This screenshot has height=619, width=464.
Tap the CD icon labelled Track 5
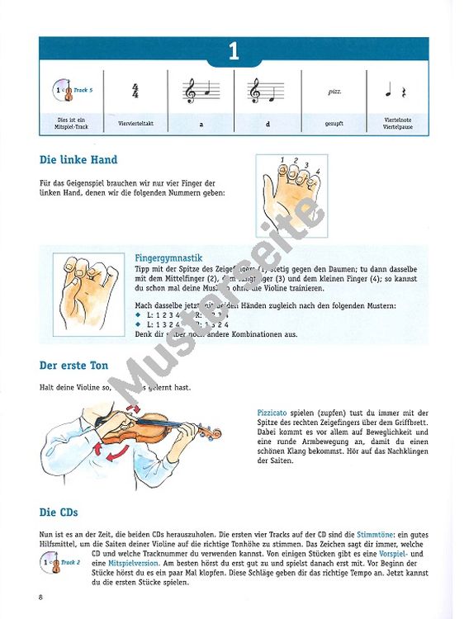coord(60,91)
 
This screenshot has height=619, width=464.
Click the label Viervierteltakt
coord(135,124)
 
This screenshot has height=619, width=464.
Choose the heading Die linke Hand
coord(78,159)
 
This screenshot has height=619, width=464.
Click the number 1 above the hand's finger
coord(282,160)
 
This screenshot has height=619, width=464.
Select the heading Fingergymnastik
coord(168,258)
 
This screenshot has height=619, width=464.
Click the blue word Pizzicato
coord(275,410)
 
